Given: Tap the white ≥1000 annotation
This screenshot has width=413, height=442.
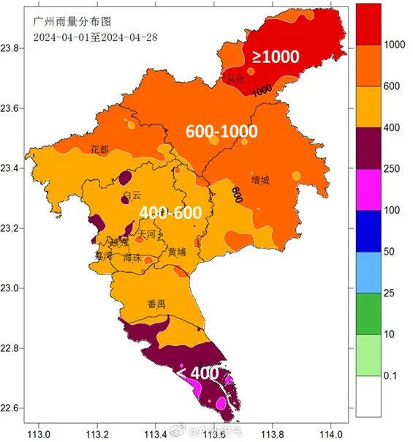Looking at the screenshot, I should tap(276, 56).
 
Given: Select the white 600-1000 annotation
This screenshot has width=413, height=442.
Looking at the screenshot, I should tap(221, 132).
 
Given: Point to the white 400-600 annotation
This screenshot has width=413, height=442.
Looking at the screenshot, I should tap(170, 212).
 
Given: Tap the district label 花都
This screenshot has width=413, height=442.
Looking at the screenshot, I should tap(99, 149).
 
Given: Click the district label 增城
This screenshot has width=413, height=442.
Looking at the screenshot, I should tap(260, 180).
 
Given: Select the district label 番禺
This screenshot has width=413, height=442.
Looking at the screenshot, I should tap(156, 304).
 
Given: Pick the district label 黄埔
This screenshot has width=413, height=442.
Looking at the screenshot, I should tap(178, 252).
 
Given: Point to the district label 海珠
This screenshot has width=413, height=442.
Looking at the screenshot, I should tap(132, 258).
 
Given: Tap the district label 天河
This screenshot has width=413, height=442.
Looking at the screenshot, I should tap(147, 235).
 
